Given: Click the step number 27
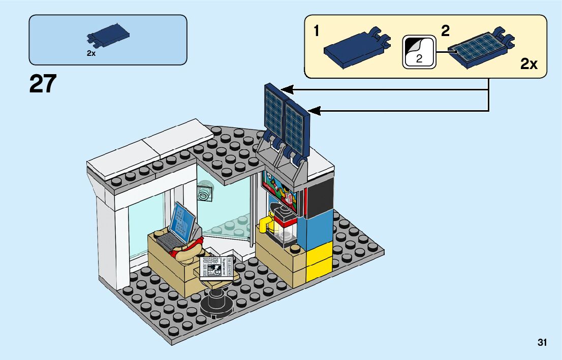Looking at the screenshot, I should pyautogui.click(x=43, y=84).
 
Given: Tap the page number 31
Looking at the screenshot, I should pyautogui.click(x=542, y=343).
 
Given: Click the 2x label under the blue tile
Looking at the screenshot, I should pyautogui.click(x=91, y=53).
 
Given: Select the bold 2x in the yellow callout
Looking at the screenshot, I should pyautogui.click(x=528, y=64).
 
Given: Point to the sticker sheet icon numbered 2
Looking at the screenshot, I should pyautogui.click(x=419, y=52).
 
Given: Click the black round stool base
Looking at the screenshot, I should pyautogui.click(x=217, y=304).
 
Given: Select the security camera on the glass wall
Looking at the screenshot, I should pyautogui.click(x=205, y=193).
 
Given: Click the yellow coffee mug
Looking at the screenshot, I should pyautogui.click(x=265, y=223).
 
